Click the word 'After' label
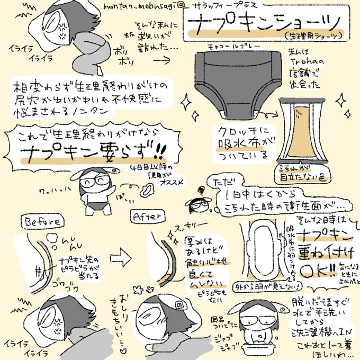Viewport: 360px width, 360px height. pyautogui.click(x=146, y=217)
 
